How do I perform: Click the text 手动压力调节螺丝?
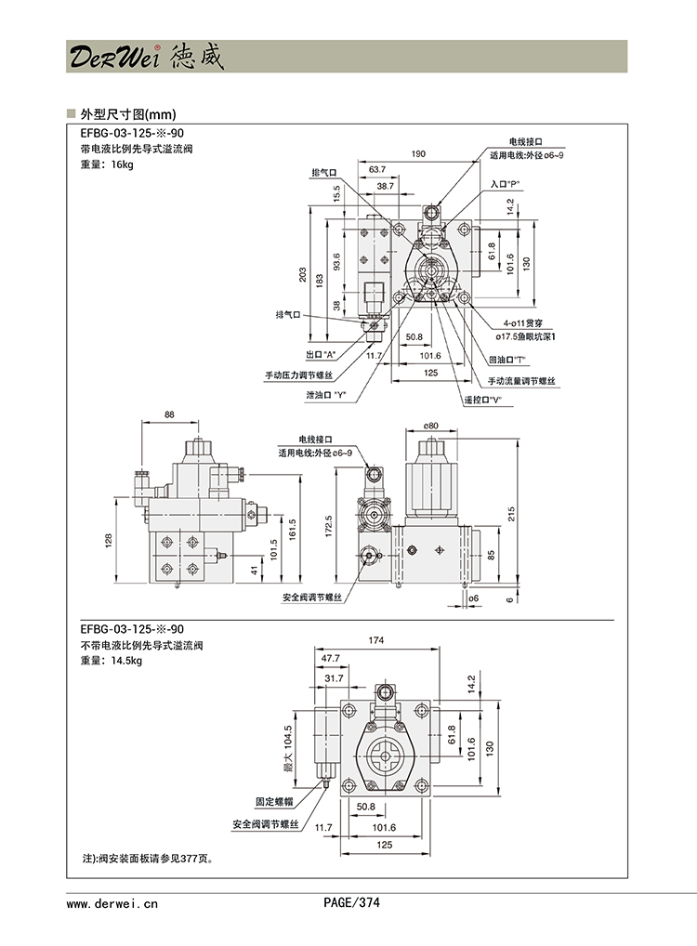[x=305, y=375]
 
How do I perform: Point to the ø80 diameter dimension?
[x=430, y=426]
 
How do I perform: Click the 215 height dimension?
[x=522, y=514]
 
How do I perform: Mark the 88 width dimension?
[x=169, y=414]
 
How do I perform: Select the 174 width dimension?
[x=376, y=640]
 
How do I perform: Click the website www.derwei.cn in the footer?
[x=112, y=902]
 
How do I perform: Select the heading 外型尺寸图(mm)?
[x=128, y=115]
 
